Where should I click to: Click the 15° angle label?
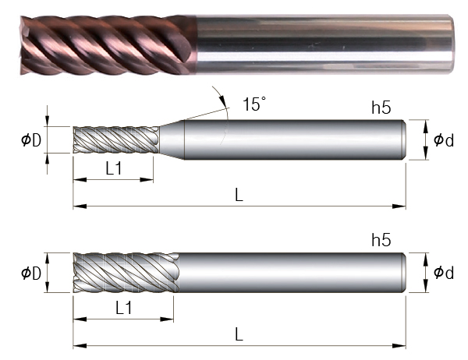254,104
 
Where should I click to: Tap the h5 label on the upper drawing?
381,108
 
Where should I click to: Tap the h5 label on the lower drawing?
381,240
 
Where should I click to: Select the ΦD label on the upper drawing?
31,140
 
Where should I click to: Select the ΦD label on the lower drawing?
31,273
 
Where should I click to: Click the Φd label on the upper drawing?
444,140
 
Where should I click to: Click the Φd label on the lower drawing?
444,272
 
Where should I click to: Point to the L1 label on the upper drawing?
114,169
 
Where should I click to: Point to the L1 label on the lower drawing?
123,308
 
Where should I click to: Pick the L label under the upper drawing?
239,196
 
